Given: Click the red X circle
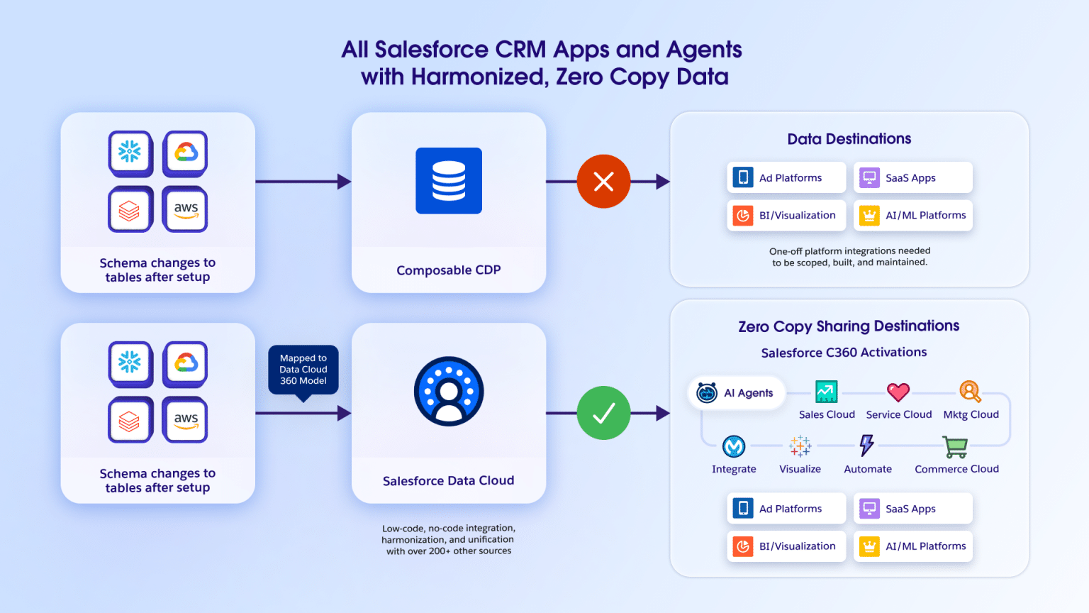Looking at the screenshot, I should coord(603,182).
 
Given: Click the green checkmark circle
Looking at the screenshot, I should coord(603,413).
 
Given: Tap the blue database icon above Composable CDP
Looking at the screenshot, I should coord(449,181).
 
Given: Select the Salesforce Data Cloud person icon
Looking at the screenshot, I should coord(449,392).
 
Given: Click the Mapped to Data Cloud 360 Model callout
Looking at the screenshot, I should coord(303,370).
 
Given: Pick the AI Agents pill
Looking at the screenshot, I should coord(737,393).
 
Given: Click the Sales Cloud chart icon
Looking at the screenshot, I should coord(826,392).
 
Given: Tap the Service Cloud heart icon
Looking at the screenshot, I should coord(898,392).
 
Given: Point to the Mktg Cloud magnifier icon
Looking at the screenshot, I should coord(970,392).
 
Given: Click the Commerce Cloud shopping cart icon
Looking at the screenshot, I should coord(955,447).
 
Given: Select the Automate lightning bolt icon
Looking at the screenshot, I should coord(866,446).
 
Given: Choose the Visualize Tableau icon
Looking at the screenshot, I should coord(800,446).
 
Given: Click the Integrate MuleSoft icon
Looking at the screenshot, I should coord(734,446).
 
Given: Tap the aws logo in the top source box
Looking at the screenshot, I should coord(186,209).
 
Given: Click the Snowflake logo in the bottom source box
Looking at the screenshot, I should coord(130,363).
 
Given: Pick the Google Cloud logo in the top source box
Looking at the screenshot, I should coord(186,152).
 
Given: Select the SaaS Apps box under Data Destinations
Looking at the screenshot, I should coord(912,177).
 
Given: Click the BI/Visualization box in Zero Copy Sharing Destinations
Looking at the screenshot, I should coord(786,546).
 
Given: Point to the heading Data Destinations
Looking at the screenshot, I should coord(849,139).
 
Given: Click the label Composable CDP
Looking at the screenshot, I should coord(448,270).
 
